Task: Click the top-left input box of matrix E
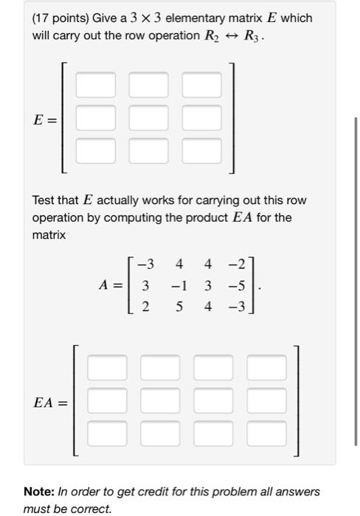pos(95,85)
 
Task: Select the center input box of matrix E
pos(148,118)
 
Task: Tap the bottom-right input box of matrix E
pos(201,150)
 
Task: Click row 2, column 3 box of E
pos(201,118)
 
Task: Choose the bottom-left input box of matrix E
pos(95,150)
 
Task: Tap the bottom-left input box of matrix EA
pos(107,434)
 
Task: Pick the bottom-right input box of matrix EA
pos(266,434)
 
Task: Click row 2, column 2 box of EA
pos(160,401)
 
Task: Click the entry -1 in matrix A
pos(179,285)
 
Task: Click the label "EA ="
pos(50,402)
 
